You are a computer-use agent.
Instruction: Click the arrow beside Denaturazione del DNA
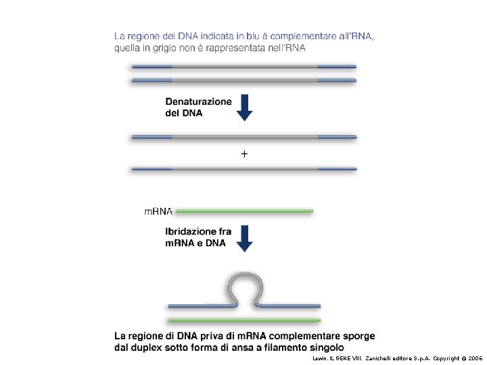pos(245,107)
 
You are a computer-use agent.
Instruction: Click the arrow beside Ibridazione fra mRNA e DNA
pos(245,237)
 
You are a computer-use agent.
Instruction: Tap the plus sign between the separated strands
pos(245,154)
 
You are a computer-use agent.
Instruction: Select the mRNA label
pos(158,212)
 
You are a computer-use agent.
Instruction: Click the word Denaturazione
pos(199,101)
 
